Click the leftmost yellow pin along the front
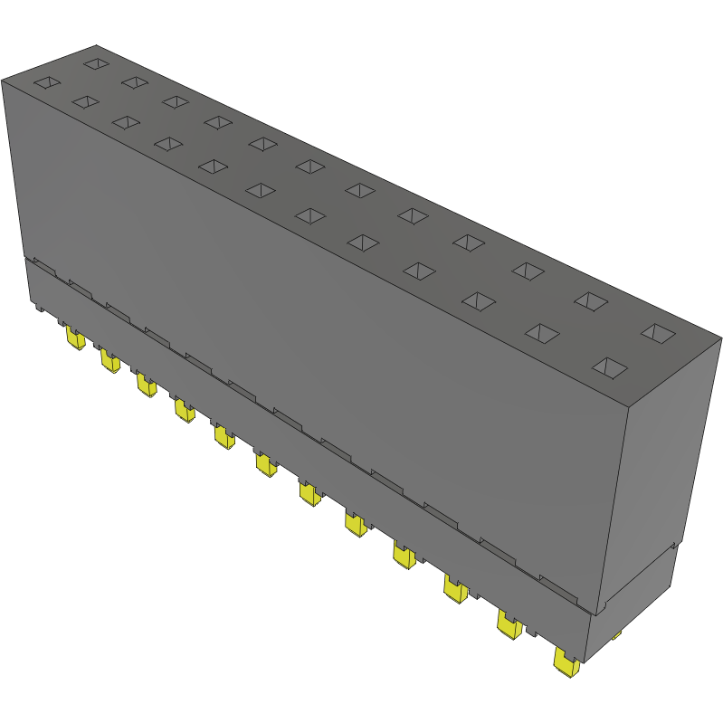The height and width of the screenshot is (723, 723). click(75, 339)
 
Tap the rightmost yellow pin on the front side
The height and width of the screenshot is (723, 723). click(566, 665)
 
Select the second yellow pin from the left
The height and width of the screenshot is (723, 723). click(109, 362)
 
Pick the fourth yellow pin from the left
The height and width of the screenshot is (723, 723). click(184, 412)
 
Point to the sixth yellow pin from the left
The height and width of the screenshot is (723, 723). click(265, 465)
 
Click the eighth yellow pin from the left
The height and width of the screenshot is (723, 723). click(355, 524)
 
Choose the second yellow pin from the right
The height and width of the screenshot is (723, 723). click(509, 624)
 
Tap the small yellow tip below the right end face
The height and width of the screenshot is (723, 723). click(616, 636)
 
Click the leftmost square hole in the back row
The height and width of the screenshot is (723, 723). click(95, 64)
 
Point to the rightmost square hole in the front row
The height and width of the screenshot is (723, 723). click(611, 367)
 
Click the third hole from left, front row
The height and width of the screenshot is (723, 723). click(126, 122)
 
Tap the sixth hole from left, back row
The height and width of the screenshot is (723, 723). click(310, 166)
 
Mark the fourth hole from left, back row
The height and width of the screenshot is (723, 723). click(218, 121)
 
